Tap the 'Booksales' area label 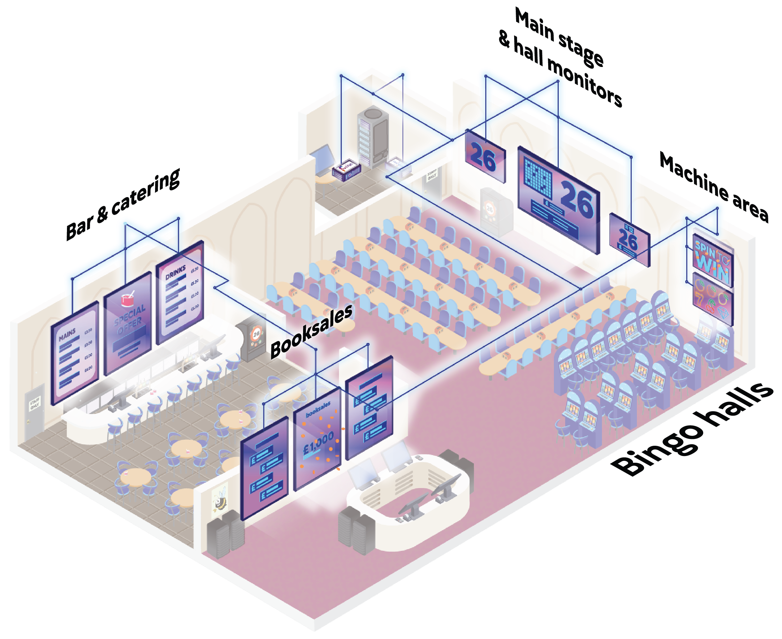311,331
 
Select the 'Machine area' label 713,187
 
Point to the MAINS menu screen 75,353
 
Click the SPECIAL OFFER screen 128,324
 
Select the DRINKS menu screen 180,292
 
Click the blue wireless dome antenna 402,73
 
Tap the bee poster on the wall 220,498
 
